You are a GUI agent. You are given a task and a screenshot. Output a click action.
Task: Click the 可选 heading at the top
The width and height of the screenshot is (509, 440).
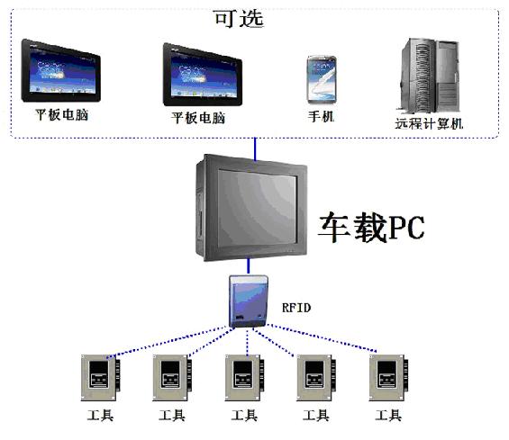click(239, 19)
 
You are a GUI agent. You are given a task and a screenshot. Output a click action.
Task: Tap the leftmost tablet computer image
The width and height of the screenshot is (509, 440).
click(60, 71)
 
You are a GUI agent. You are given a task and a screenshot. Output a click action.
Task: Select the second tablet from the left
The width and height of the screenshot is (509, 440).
click(202, 75)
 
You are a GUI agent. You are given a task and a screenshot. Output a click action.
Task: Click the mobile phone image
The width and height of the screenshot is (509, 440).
click(322, 80)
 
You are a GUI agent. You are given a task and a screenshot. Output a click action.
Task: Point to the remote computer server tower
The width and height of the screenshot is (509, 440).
click(430, 76)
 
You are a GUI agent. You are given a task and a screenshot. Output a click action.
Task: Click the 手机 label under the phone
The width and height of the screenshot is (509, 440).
click(321, 117)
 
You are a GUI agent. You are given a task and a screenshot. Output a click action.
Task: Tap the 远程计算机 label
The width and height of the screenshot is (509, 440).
click(429, 123)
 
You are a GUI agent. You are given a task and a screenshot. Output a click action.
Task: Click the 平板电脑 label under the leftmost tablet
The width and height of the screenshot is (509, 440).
click(61, 115)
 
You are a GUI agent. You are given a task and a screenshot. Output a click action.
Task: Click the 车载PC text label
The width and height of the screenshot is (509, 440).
click(371, 227)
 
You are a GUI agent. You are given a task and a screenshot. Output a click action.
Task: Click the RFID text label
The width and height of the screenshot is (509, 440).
click(296, 308)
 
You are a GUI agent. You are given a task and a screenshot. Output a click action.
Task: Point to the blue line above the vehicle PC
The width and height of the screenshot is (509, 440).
click(255, 149)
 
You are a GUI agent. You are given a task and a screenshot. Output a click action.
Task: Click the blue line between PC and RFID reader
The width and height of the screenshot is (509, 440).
click(249, 266)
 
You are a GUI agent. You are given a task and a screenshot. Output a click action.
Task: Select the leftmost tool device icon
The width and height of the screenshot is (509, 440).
click(100, 378)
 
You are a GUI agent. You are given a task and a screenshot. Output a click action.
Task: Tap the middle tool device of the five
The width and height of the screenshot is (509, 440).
click(244, 378)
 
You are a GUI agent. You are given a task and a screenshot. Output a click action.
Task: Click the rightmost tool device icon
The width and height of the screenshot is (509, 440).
click(388, 378)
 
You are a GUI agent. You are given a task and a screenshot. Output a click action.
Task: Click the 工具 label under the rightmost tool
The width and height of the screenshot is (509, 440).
click(388, 415)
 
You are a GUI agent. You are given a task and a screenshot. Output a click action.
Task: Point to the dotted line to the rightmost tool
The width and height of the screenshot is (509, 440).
click(322, 337)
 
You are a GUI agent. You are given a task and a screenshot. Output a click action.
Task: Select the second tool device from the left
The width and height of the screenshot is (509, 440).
click(172, 378)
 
